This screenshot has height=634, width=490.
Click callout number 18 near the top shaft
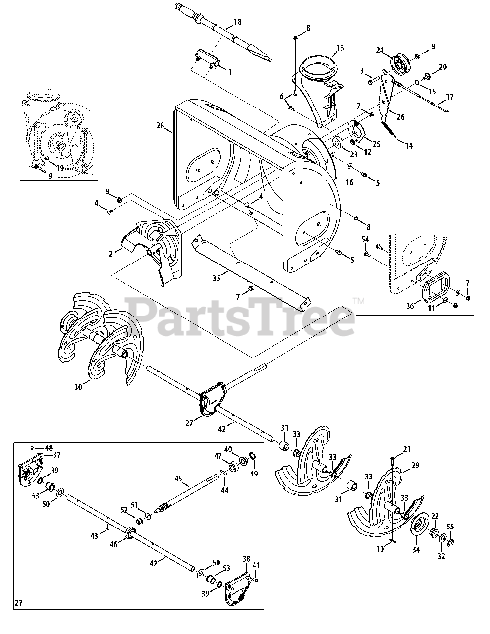tap(237, 22)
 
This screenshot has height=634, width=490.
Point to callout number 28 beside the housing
tap(160, 126)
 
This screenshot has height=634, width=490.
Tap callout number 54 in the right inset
tap(365, 240)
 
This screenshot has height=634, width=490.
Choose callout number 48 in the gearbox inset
tap(49, 446)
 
